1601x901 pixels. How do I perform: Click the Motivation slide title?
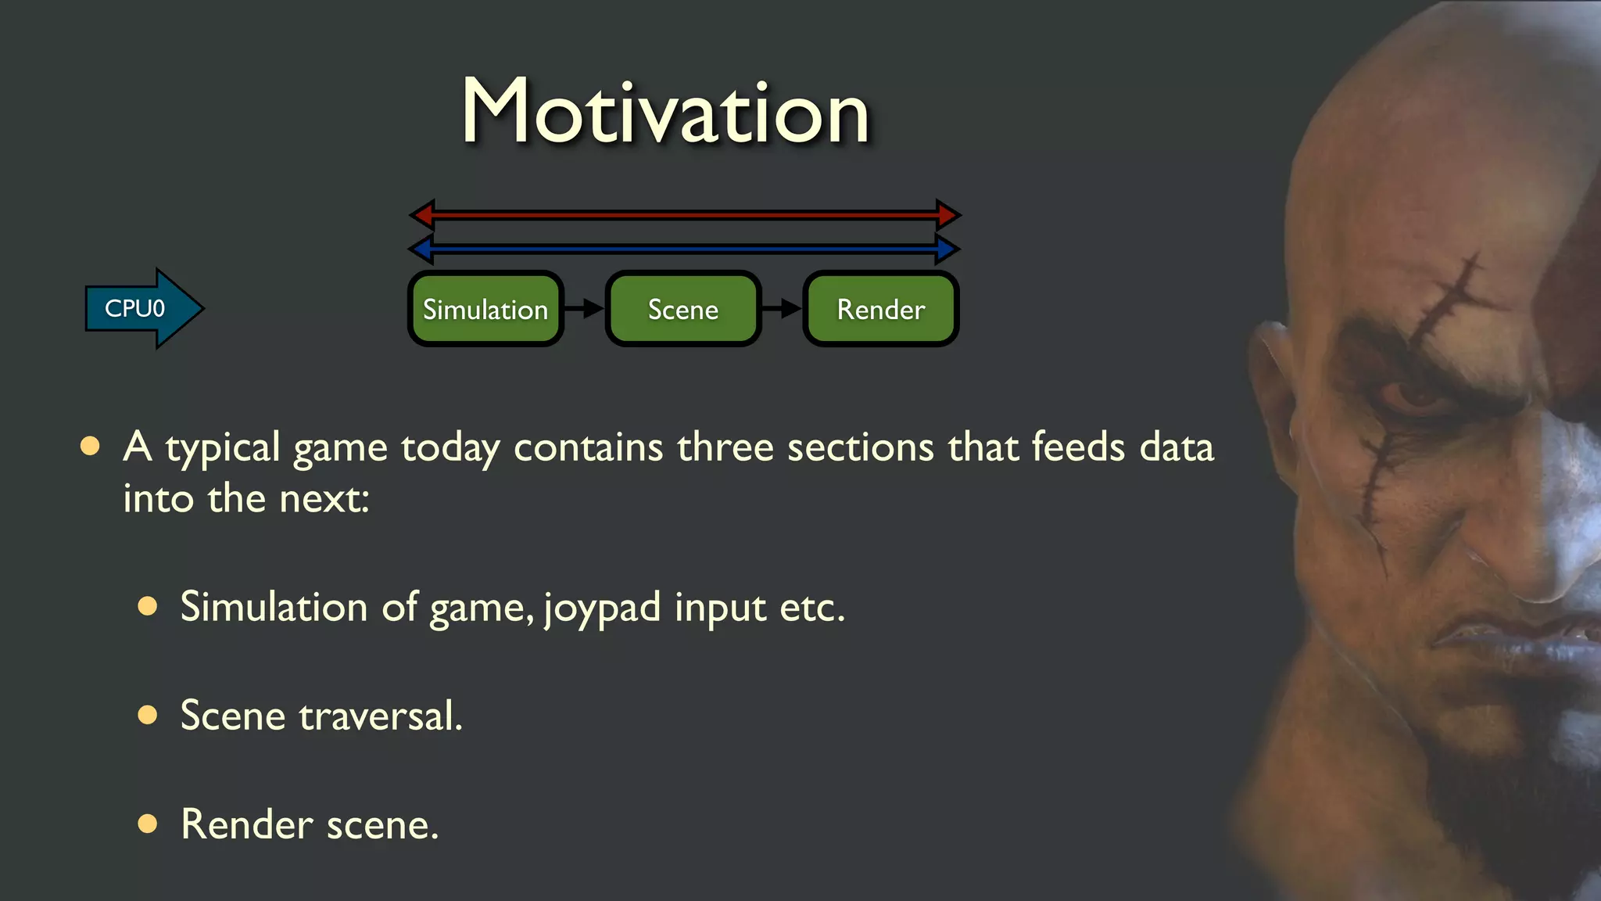pos(665,112)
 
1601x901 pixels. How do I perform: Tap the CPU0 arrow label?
pos(135,309)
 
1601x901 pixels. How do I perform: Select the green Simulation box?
pos(485,310)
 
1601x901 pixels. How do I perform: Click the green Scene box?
pos(683,310)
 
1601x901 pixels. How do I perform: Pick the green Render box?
pos(881,310)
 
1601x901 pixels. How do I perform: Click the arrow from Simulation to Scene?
pos(584,308)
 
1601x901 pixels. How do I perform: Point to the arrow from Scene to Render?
pos(782,308)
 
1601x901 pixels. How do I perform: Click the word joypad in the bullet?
pos(602,608)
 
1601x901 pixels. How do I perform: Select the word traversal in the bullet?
pos(381,716)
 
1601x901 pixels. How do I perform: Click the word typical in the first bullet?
pos(222,448)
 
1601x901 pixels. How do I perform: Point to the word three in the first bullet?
pos(725,447)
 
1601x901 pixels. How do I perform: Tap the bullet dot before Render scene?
pos(147,823)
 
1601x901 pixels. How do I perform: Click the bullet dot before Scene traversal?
pos(147,714)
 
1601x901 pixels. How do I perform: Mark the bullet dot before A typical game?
pos(90,446)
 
